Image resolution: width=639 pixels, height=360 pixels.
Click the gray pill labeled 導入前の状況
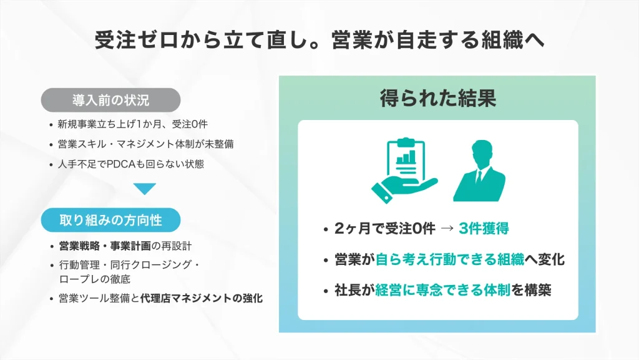(110, 99)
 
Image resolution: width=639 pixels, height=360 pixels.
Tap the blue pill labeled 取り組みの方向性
(110, 220)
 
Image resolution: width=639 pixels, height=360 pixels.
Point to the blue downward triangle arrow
(145, 189)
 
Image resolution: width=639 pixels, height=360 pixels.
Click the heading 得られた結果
(437, 98)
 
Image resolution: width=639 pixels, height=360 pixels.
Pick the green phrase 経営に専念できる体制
(443, 290)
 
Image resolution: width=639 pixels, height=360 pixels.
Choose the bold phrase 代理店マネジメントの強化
(202, 298)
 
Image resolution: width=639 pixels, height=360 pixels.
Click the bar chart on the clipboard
(407, 157)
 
